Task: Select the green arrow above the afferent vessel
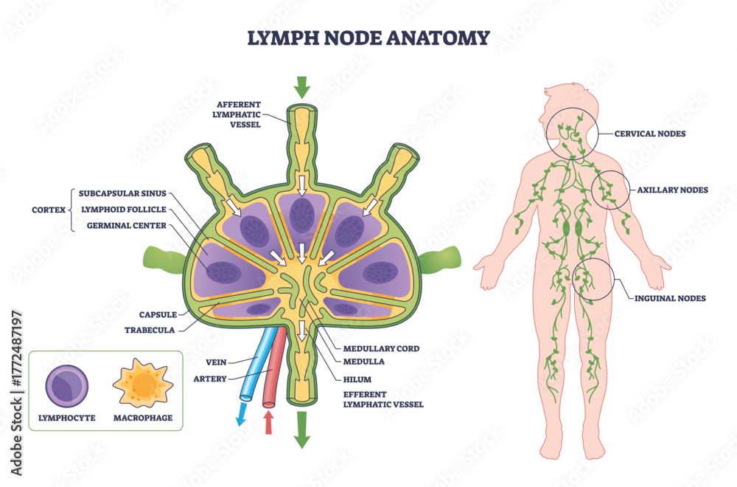click(x=301, y=88)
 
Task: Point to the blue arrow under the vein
click(x=241, y=415)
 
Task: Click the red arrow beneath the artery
click(x=268, y=422)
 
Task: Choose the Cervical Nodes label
click(x=651, y=134)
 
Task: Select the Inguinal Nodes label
click(x=671, y=298)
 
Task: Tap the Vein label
click(x=217, y=362)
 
